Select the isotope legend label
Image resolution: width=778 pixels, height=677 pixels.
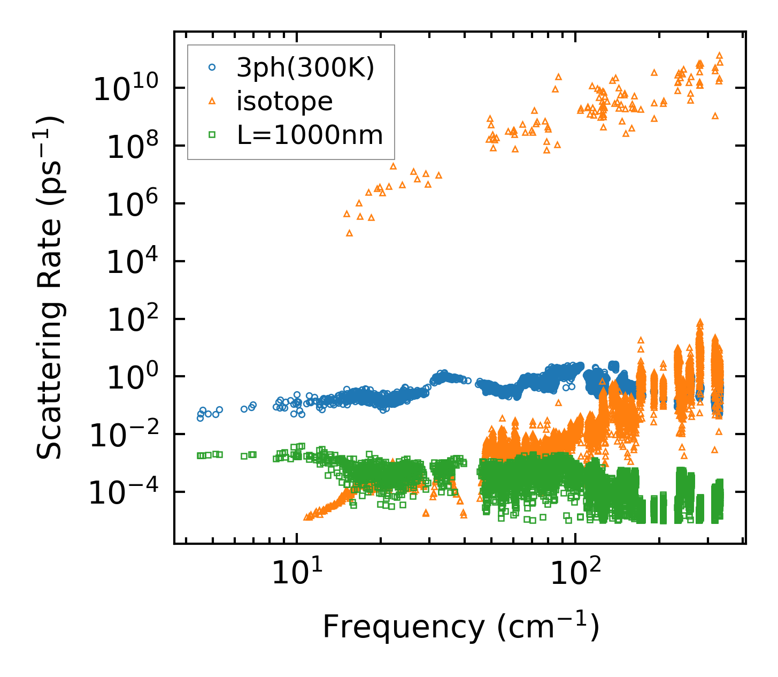(x=284, y=101)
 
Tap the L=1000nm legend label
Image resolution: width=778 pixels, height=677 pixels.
(x=310, y=135)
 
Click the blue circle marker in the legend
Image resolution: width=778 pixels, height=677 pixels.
(x=212, y=67)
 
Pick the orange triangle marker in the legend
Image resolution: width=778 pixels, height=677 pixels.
(x=212, y=101)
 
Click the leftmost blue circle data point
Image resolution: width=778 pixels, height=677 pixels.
(x=200, y=418)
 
